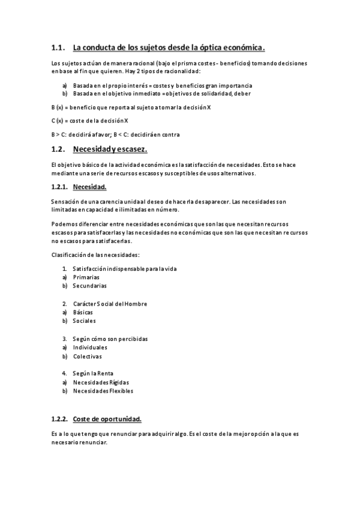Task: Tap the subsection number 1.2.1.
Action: tap(60, 187)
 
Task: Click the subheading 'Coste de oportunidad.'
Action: tap(107, 418)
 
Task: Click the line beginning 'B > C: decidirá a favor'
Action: tap(115, 134)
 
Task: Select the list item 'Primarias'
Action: tap(87, 277)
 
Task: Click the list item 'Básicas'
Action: tap(83, 312)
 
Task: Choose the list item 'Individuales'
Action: tap(90, 347)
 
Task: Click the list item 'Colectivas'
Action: tap(88, 356)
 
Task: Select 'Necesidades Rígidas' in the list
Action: tap(101, 382)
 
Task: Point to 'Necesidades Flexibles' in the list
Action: tap(103, 391)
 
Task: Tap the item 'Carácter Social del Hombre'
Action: tap(110, 304)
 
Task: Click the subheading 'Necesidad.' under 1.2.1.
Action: tap(89, 187)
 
